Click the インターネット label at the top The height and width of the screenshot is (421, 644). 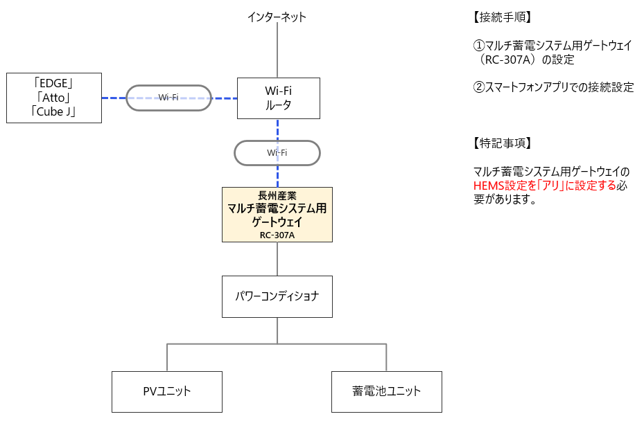[277, 17]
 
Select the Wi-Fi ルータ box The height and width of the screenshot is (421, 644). [277, 98]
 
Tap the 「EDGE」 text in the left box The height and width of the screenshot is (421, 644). [53, 84]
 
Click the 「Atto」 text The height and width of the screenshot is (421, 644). [53, 98]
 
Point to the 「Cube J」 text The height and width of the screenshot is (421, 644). [53, 111]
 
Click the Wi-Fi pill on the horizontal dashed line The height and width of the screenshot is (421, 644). [168, 98]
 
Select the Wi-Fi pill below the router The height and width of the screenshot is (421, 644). [277, 152]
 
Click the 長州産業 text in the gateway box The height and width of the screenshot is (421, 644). [277, 196]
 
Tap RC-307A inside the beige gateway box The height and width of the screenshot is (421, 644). [277, 235]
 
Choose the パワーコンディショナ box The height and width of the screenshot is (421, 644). [277, 296]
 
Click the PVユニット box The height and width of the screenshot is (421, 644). [167, 391]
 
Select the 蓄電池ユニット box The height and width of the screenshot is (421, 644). [386, 391]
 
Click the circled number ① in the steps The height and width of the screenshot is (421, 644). [478, 46]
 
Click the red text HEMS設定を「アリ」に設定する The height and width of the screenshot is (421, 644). [544, 186]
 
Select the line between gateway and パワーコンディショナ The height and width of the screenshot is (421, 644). [277, 259]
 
